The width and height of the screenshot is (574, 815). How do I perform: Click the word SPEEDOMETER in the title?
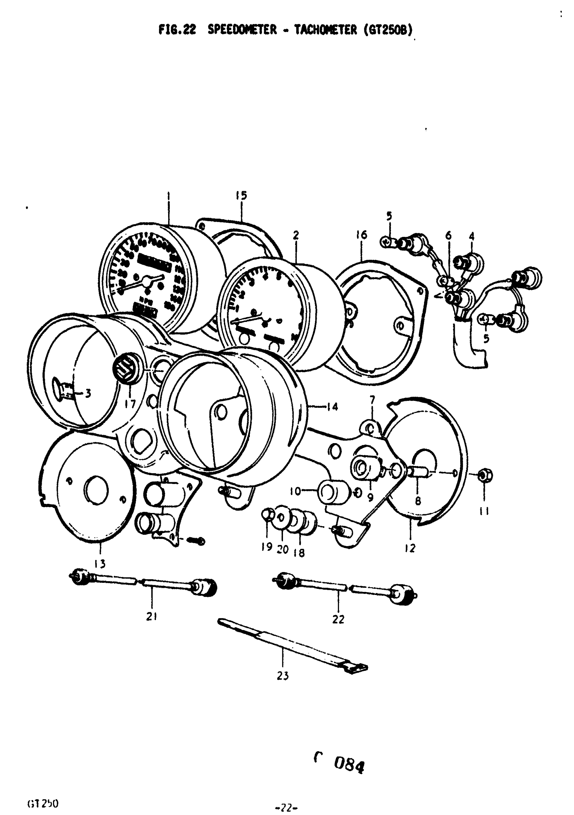(242, 30)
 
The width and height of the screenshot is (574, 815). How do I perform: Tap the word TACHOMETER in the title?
(325, 30)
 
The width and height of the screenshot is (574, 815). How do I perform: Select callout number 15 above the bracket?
(241, 196)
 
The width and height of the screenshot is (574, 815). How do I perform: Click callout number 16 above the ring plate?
(362, 235)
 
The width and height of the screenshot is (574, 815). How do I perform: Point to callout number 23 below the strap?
(283, 676)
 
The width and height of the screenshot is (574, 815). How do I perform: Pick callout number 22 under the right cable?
(338, 619)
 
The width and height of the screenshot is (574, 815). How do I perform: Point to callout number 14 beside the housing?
(333, 407)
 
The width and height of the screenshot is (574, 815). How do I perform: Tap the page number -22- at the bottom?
(286, 808)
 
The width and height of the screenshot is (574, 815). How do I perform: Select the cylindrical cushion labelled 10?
(333, 492)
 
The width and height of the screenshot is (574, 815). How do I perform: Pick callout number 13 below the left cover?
(100, 563)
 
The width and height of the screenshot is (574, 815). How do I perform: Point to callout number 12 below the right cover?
(410, 548)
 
